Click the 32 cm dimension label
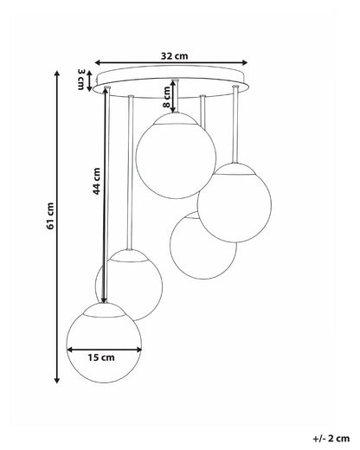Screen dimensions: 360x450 pos(174,55)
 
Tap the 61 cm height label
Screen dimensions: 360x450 pos(50,216)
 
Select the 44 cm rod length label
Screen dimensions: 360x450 pos(96,181)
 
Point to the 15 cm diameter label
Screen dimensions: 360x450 pos(101,357)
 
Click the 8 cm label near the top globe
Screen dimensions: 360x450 pos(167,97)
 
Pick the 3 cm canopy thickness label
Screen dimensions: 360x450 pos(80,80)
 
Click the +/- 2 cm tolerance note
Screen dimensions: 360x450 pos(331,439)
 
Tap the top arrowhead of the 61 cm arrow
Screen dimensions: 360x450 pos(57,73)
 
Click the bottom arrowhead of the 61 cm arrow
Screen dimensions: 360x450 pos(57,380)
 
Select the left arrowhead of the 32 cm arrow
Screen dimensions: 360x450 pos(98,62)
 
